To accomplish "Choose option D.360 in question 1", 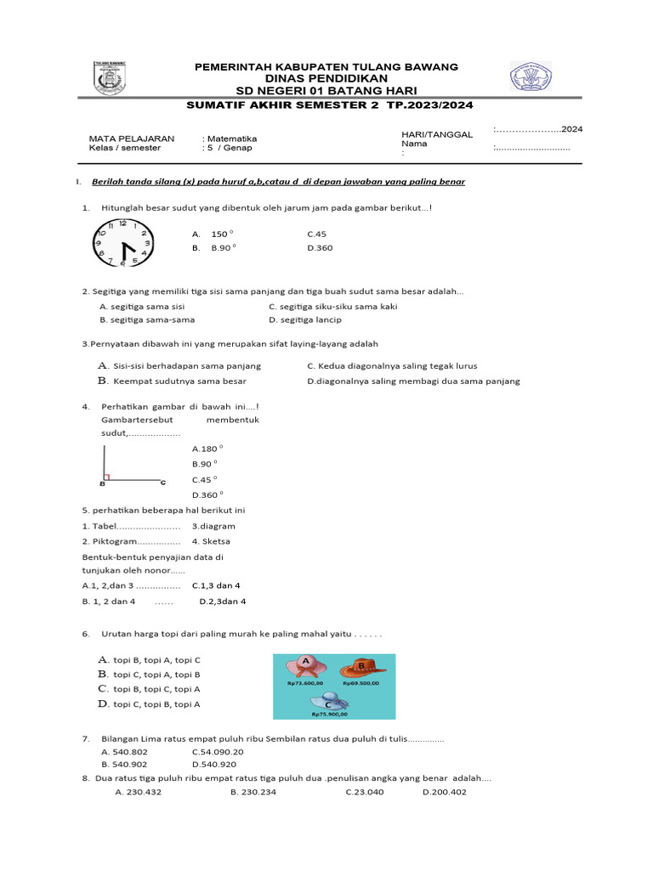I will [x=321, y=248].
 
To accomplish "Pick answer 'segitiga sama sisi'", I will [x=143, y=307].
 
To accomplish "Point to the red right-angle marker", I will [x=106, y=477].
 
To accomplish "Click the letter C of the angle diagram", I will [x=163, y=483].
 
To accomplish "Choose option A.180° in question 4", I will [x=207, y=449].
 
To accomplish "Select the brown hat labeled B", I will [x=363, y=669].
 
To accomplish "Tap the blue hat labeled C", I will [x=328, y=702].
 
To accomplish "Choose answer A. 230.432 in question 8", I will [x=138, y=792].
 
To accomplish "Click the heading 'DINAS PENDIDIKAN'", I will [x=326, y=78].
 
